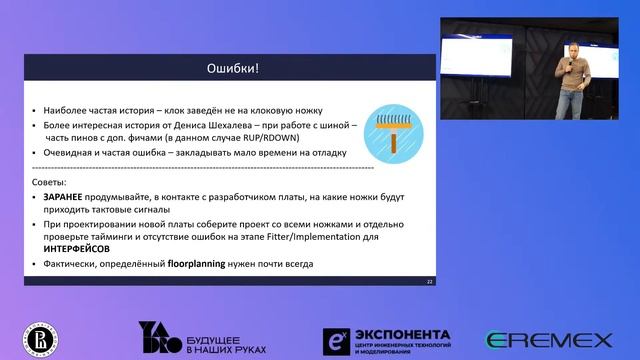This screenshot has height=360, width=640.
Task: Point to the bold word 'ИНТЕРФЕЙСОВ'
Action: coord(76,246)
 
